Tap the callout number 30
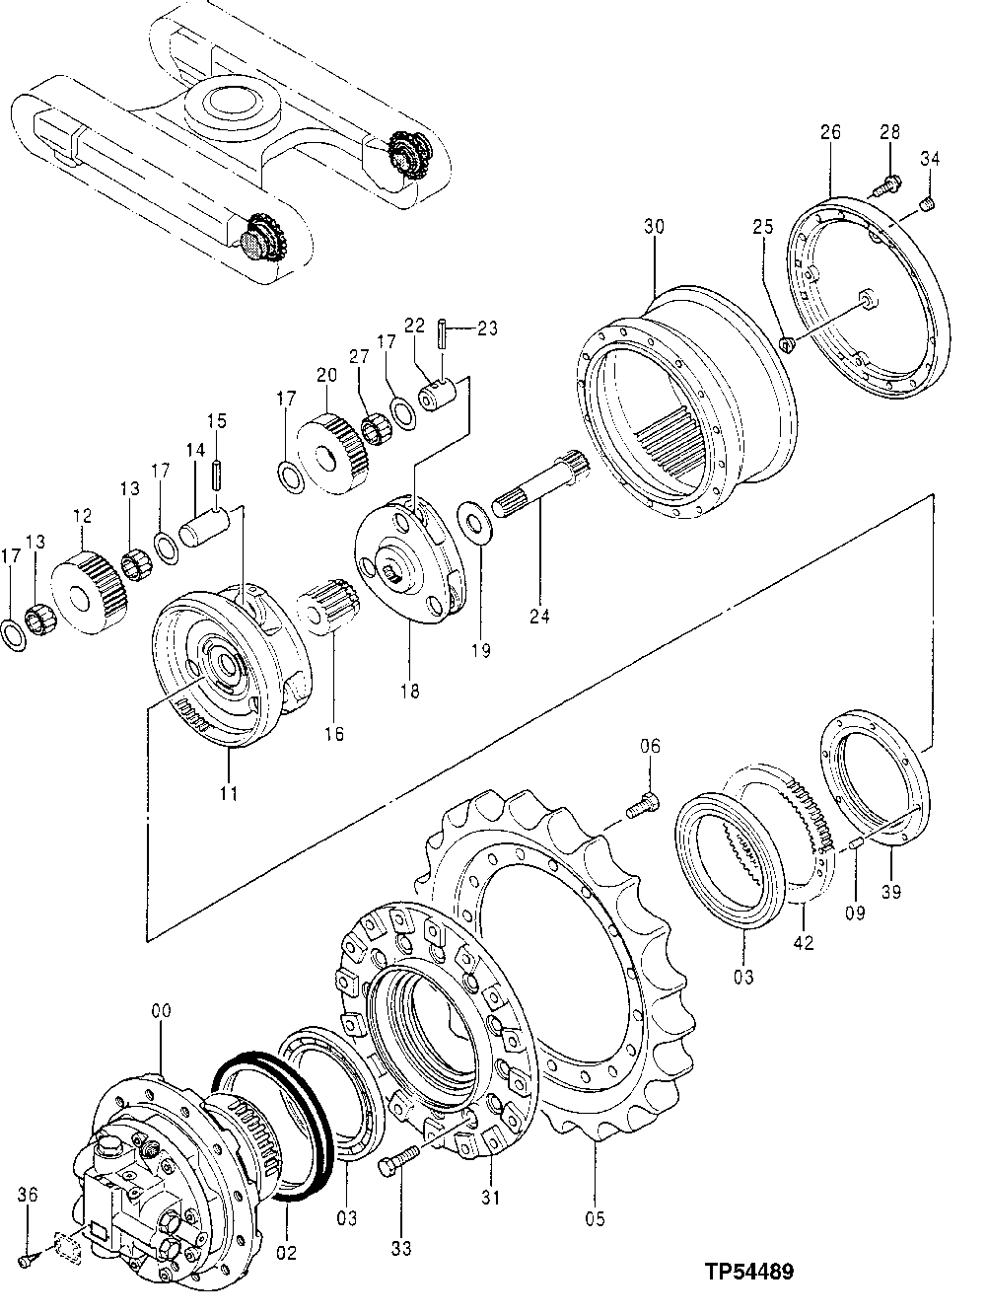655,226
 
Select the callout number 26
829,131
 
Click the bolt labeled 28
889,183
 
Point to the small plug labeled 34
927,203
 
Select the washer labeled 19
475,522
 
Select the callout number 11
228,791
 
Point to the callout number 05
595,1216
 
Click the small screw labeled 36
30,1257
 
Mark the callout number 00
161,1011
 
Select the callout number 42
804,943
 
